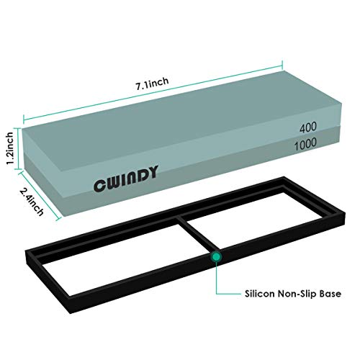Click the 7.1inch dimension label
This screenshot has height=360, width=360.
pos(153,84)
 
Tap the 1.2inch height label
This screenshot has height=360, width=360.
pos(10,148)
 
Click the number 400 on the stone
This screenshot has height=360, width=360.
pos(308,127)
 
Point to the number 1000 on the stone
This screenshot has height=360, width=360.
pos(305,144)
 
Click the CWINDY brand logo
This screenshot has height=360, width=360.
pos(126,179)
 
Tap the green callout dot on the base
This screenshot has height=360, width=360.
pos(216,256)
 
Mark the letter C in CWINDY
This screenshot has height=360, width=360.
pos(99,186)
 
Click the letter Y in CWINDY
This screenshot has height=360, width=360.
pos(152,171)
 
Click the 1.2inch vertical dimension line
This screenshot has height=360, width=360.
pos(17,148)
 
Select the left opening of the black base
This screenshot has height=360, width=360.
pos(120,261)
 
